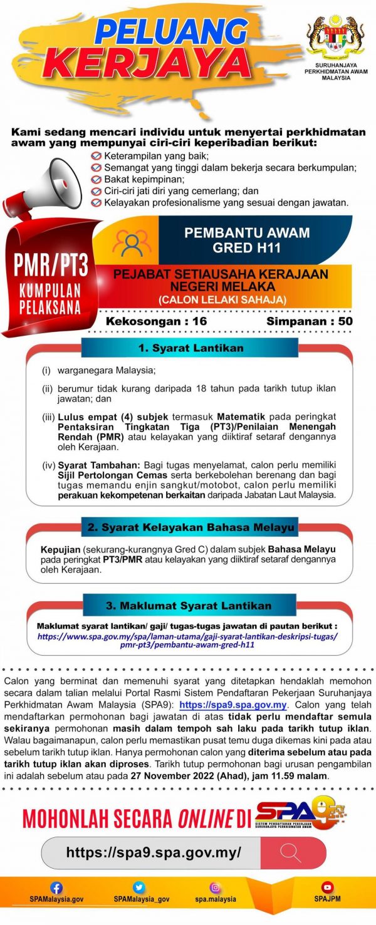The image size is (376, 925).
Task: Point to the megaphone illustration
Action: click(x=54, y=181)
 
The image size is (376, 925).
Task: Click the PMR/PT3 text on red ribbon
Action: click(x=51, y=265)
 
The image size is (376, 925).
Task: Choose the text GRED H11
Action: click(x=247, y=247)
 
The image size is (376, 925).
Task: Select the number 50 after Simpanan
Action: click(x=345, y=321)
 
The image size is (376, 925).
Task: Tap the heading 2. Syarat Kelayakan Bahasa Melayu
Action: click(x=190, y=527)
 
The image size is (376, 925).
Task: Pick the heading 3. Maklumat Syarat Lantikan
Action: click(x=189, y=606)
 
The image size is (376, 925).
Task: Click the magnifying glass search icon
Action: click(x=291, y=852)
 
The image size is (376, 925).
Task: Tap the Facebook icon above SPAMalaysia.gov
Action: click(x=56, y=887)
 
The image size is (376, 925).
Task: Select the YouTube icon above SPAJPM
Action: click(x=327, y=887)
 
